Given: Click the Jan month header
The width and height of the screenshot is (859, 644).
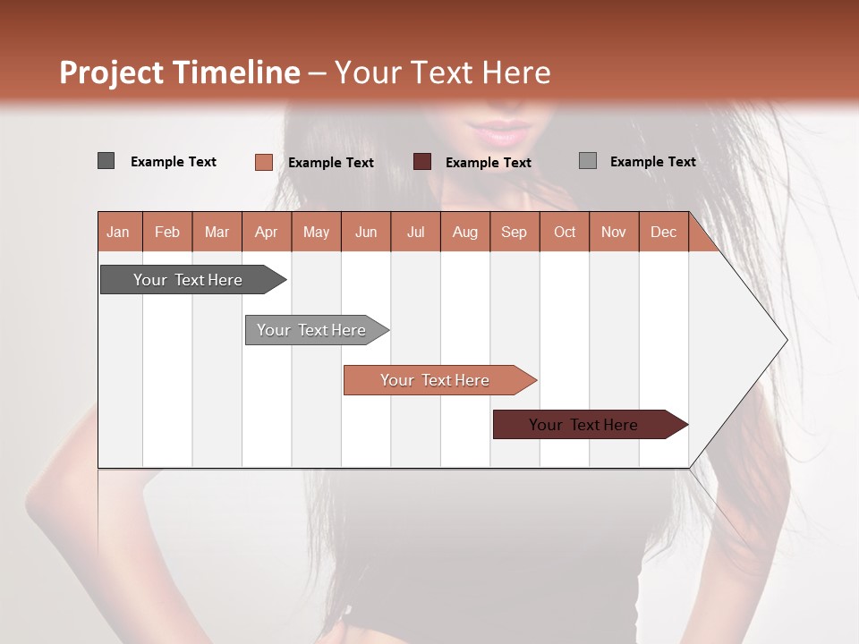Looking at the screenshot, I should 118,232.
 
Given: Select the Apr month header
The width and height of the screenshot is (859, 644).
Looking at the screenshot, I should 267,232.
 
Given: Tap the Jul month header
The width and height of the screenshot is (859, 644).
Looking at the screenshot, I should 415,232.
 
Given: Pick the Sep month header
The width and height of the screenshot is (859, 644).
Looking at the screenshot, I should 514,232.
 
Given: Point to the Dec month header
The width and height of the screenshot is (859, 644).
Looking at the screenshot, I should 663,232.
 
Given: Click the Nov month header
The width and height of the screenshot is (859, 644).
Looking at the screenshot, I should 614,232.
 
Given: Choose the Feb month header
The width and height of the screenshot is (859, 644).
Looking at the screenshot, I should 167,232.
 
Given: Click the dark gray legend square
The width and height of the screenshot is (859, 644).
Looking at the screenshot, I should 106,161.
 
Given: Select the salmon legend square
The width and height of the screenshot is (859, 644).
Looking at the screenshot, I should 263,162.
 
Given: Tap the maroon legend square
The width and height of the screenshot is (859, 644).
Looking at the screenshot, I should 422,162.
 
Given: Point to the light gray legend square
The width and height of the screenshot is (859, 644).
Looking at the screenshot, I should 587,161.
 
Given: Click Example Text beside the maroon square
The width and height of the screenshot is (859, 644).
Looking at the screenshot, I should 488,163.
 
